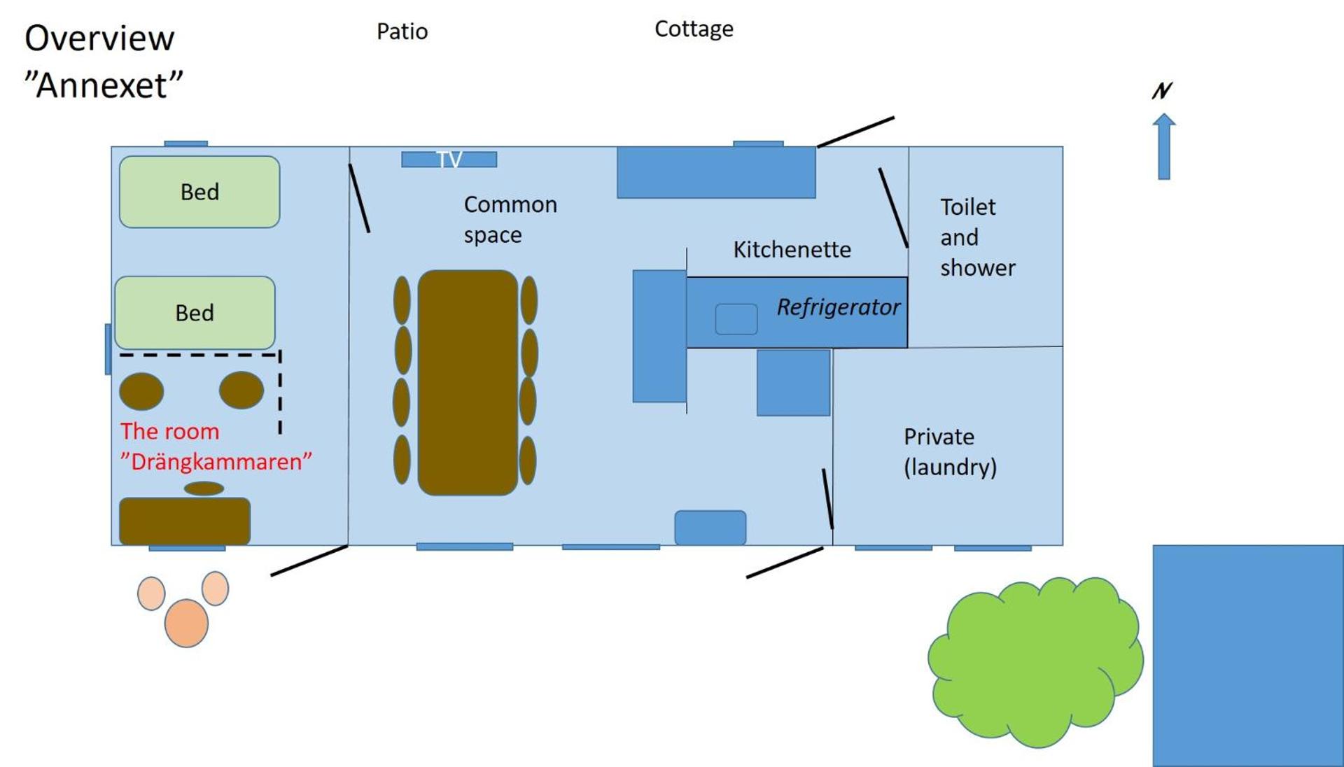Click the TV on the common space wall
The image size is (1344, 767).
[x=449, y=160]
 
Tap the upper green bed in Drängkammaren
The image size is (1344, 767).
[x=199, y=192]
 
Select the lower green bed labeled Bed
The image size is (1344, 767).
[x=195, y=313]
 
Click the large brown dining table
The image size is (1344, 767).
[x=468, y=382]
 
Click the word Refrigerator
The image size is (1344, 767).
[x=838, y=307]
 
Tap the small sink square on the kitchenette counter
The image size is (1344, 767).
[x=736, y=319]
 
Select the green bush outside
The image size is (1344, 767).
[x=1035, y=661]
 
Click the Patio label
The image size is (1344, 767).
[x=402, y=31]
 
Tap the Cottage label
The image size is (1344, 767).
[x=694, y=29]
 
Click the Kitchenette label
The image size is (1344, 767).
[x=792, y=250]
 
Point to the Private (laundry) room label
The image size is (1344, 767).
[x=949, y=451]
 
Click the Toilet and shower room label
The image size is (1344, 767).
[x=976, y=237]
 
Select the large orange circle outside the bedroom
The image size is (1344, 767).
[x=186, y=623]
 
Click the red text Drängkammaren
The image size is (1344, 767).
[x=216, y=462]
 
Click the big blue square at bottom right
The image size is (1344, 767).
[x=1247, y=655]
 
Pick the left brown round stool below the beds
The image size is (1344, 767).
[x=141, y=391]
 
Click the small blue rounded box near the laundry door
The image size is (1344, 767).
[x=710, y=528]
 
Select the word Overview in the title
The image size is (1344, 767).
[x=99, y=38]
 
